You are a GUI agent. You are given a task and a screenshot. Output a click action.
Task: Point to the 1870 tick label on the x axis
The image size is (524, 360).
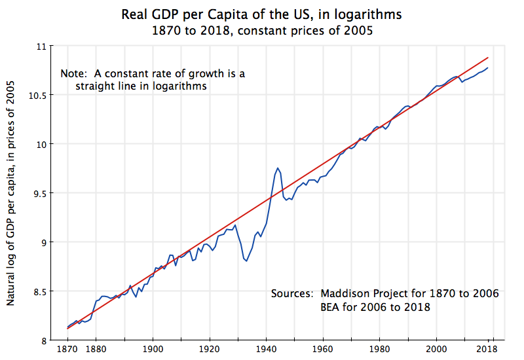pyautogui.click(x=67, y=350)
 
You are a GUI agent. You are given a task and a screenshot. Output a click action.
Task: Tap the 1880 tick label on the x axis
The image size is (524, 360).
pyautogui.click(x=96, y=350)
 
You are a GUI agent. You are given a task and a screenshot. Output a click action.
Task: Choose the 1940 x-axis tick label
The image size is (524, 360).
pyautogui.click(x=266, y=350)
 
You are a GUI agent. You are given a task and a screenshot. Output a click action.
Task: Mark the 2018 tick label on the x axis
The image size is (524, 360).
pyautogui.click(x=488, y=350)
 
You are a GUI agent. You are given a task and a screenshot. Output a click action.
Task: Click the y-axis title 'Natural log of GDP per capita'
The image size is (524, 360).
pyautogui.click(x=12, y=196)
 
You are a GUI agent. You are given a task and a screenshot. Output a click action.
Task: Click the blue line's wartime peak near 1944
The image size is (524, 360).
pyautogui.click(x=278, y=168)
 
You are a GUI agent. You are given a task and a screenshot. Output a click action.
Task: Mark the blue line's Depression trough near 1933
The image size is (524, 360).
pyautogui.click(x=246, y=261)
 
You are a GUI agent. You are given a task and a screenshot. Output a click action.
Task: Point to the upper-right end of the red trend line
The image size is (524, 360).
pyautogui.click(x=487, y=58)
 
